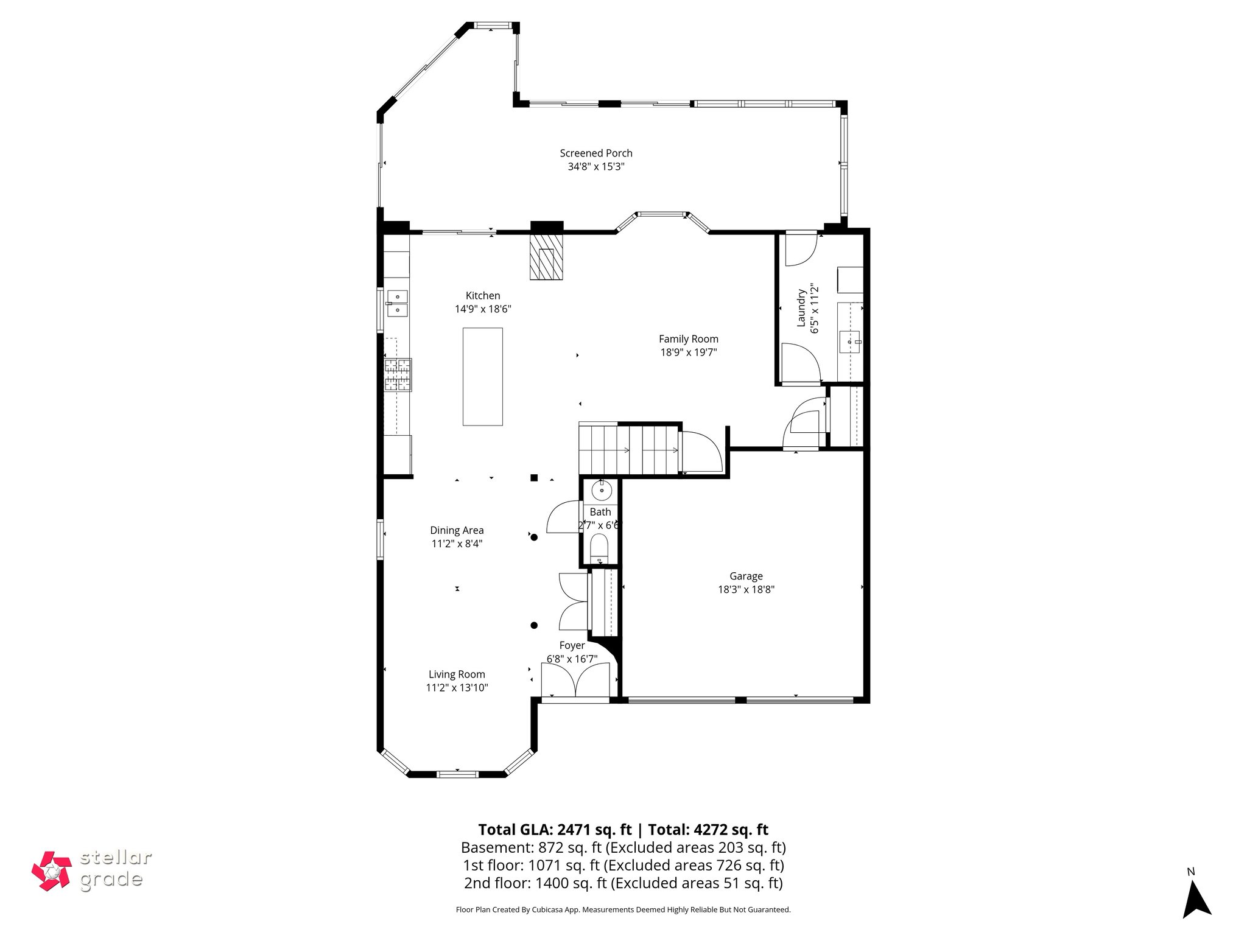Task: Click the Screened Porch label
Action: coord(595,153)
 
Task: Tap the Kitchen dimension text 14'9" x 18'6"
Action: coord(482,309)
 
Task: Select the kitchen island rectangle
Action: coord(482,376)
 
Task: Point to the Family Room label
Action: coord(688,339)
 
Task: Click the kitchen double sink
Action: coord(398,303)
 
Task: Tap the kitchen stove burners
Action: coord(398,374)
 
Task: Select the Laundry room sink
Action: coord(850,342)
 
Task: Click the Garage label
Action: coord(746,576)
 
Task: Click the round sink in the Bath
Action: coord(601,490)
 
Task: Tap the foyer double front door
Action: coord(575,681)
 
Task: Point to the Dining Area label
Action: coord(457,530)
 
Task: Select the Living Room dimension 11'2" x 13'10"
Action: coord(457,688)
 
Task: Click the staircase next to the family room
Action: coord(628,450)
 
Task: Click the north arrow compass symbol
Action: coord(1195,907)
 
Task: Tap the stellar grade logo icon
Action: coord(52,871)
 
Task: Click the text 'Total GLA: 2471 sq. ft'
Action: coord(555,830)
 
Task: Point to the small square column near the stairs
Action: coord(534,478)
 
